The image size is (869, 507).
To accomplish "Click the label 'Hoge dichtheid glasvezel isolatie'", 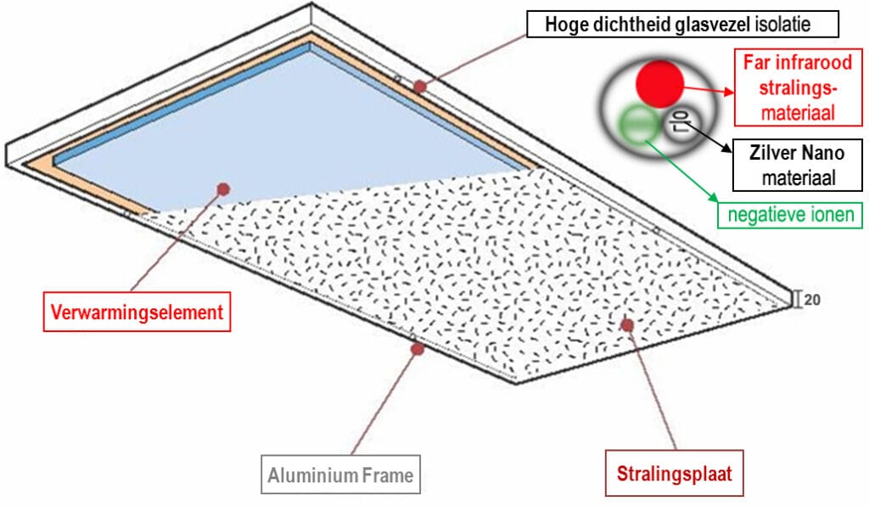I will click(682, 25).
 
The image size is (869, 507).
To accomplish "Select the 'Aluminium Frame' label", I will click(340, 476).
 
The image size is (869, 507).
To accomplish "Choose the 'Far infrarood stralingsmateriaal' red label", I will click(797, 87).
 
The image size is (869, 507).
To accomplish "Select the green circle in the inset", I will click(636, 123).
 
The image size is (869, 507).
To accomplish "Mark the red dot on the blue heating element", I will click(222, 189).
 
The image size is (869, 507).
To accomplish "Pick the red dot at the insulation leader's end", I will click(420, 86).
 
